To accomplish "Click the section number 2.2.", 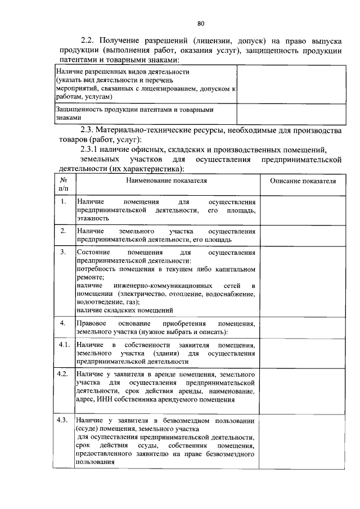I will coord(88,41).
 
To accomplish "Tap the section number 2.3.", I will coord(88,131).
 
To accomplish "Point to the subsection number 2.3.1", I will coord(93,150).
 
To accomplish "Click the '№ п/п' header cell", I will coord(64,186).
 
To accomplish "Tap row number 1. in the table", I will coord(64,201).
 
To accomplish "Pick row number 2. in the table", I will coord(64,231).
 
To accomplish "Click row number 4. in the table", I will coord(64,323).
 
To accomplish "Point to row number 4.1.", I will coord(64,344).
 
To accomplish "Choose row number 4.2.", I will coord(64,373).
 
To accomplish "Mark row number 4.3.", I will coord(64,420).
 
